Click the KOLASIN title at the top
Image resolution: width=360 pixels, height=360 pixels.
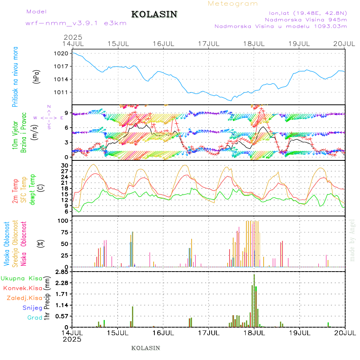click(154, 14)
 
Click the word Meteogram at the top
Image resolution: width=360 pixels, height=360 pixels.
click(233, 4)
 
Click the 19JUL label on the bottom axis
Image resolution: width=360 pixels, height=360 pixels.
click(300, 332)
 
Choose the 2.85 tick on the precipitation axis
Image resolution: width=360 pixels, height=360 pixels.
click(61, 272)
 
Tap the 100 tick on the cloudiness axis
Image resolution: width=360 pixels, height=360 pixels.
click(63, 220)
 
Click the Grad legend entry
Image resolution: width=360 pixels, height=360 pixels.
click(35, 318)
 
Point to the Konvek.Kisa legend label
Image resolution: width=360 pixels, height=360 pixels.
click(23, 288)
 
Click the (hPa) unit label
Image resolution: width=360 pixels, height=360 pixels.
click(36, 76)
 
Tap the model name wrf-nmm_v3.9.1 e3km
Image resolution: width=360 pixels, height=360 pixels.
click(76, 23)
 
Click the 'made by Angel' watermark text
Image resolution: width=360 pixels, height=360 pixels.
click(352, 240)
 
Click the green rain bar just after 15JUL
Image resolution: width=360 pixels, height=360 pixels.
click(132, 317)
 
